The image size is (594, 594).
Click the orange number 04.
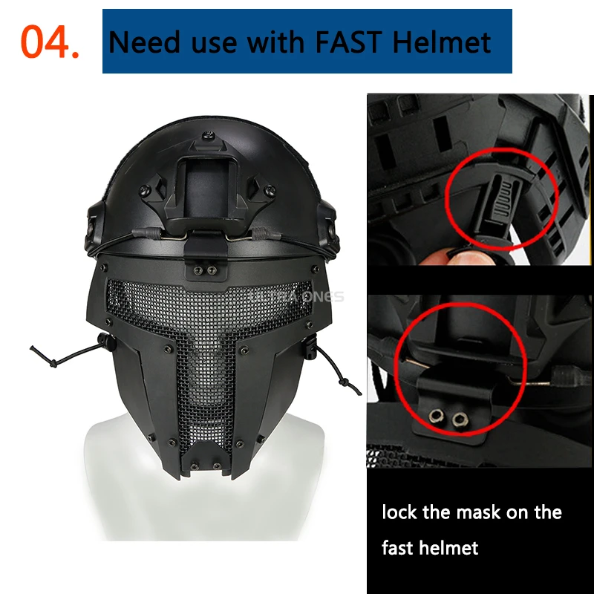[49, 42]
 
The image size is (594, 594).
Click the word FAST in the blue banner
[348, 42]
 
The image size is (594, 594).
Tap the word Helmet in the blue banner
[442, 42]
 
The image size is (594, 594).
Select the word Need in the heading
[144, 42]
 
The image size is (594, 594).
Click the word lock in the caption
[399, 512]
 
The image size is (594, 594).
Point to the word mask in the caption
[478, 512]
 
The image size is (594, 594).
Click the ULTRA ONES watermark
[296, 296]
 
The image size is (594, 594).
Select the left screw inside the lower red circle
[437, 417]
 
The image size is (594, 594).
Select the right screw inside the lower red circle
[460, 419]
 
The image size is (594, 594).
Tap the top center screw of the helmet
[208, 135]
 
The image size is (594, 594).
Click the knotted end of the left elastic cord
[53, 364]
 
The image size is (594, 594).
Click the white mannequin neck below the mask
[205, 504]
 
